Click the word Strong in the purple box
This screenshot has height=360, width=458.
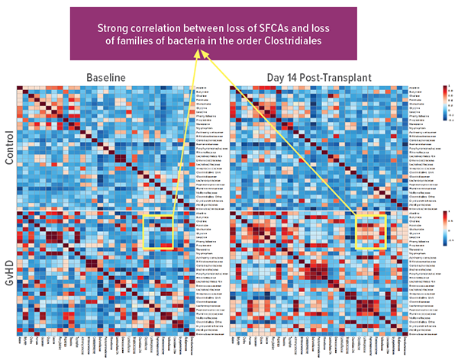114,28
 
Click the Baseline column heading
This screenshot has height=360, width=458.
105,78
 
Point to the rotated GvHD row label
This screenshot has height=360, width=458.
9,272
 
